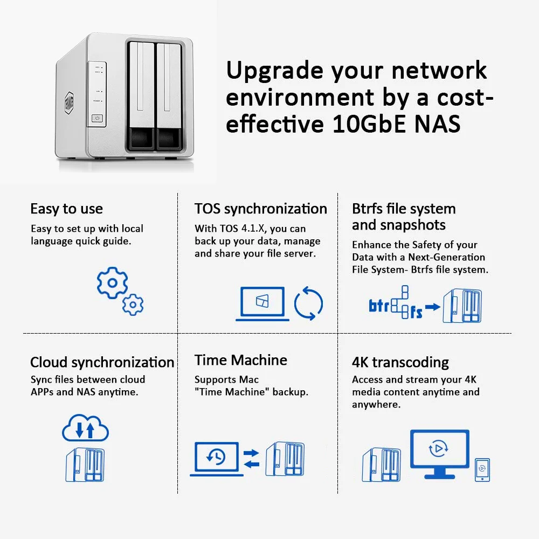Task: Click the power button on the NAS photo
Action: (97, 118)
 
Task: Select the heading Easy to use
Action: (66, 209)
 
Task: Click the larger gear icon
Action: (112, 283)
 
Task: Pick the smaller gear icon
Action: (133, 305)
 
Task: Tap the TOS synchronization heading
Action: (261, 209)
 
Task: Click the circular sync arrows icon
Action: (308, 303)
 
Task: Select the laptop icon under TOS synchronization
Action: (262, 303)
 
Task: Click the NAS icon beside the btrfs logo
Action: (462, 306)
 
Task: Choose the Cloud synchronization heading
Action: (102, 362)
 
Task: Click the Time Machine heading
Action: (241, 360)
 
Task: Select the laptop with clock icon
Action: (216, 458)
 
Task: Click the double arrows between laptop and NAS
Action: (251, 458)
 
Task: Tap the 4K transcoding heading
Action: (400, 362)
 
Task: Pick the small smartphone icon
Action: (482, 469)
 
